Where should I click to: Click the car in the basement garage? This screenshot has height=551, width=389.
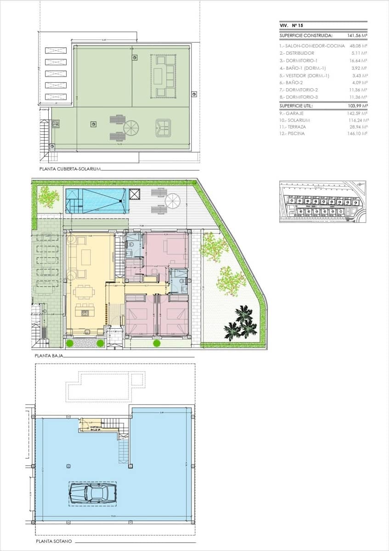tap(92, 493)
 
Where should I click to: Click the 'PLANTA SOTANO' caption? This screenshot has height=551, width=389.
tap(54, 542)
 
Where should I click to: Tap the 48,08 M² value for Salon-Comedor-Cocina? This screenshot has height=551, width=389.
tap(358, 46)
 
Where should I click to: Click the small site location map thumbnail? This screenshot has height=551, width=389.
tap(322, 202)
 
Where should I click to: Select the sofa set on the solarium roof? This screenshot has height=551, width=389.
tap(164, 76)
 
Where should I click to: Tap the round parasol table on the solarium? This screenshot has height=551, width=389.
tap(131, 128)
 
